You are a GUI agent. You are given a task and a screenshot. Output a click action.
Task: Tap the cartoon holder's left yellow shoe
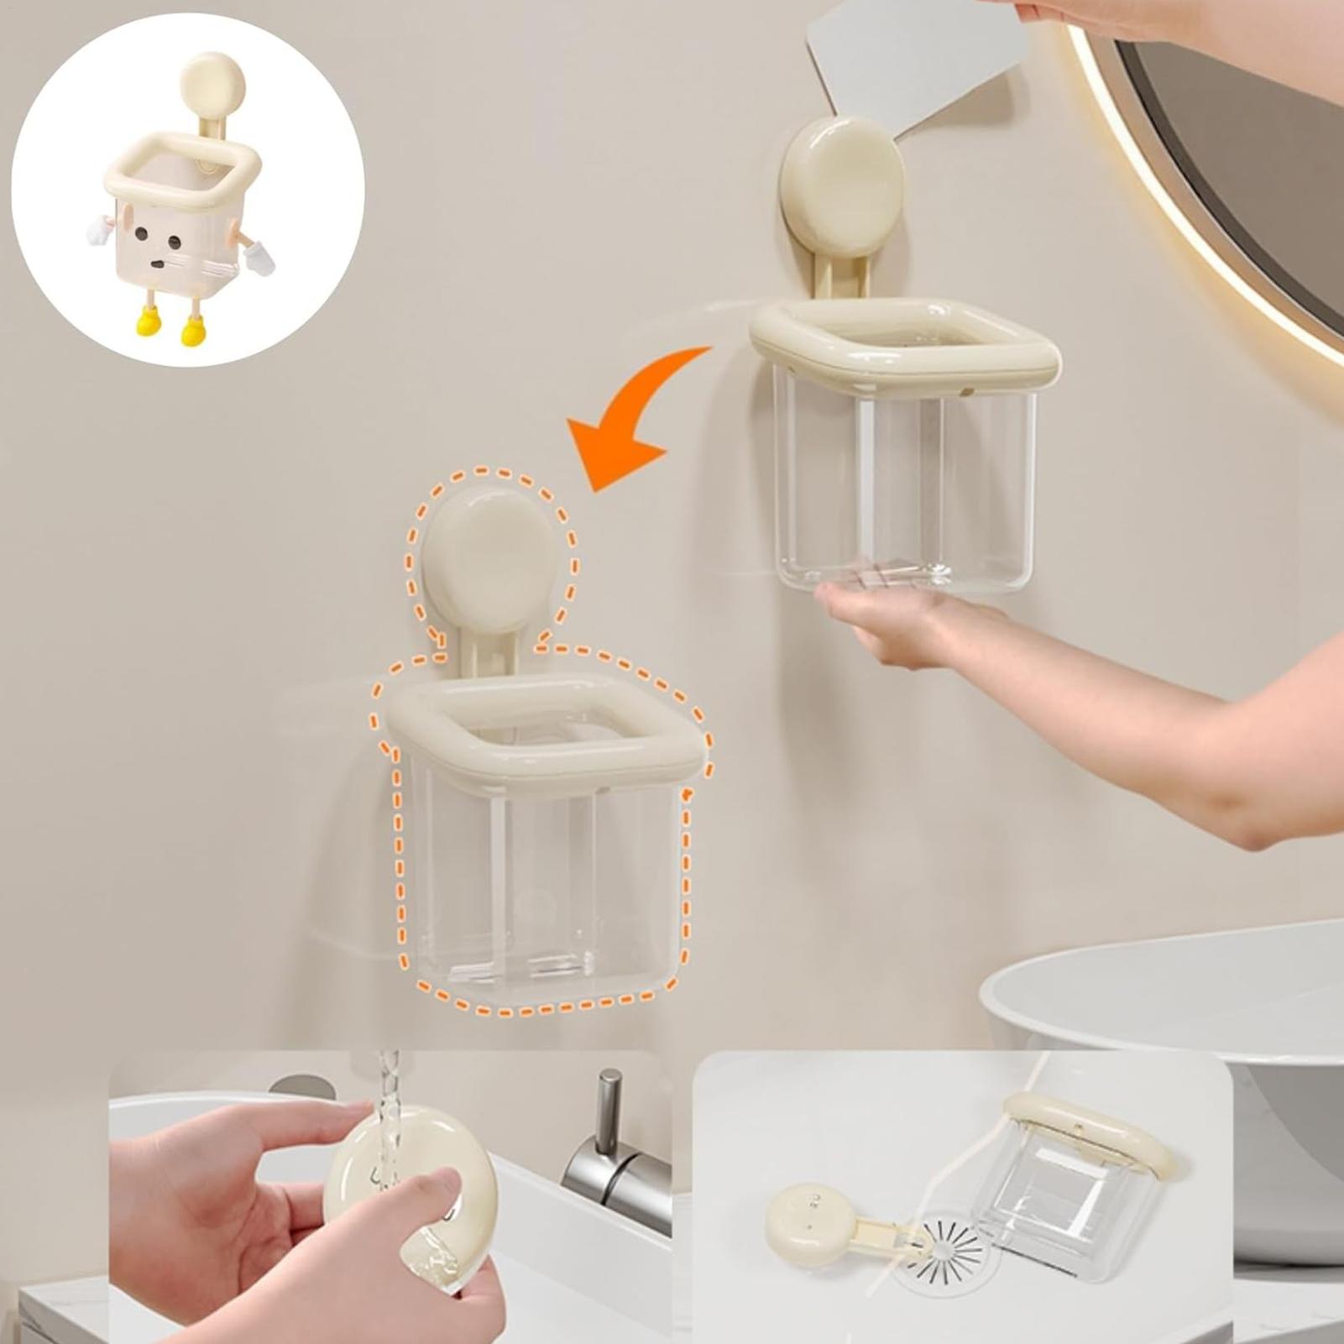[x=148, y=321]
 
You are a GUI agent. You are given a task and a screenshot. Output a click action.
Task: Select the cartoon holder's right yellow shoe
[x=192, y=332]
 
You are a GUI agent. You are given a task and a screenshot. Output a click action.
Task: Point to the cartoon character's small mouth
[x=157, y=264]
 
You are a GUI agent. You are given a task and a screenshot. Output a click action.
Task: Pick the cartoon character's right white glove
[x=261, y=256]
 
